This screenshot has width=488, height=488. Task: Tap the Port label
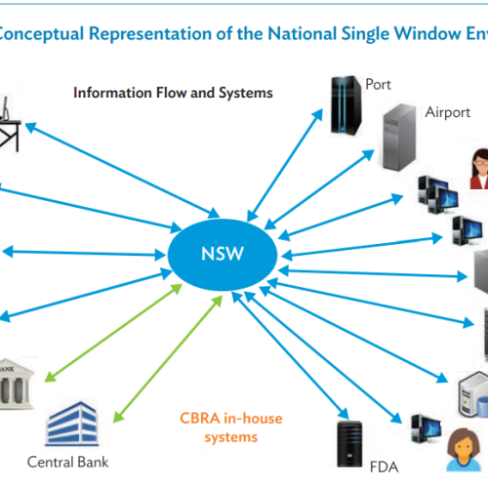pyautogui.click(x=379, y=85)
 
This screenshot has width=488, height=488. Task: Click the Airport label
pyautogui.click(x=448, y=112)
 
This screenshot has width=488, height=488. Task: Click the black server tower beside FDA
pyautogui.click(x=347, y=445)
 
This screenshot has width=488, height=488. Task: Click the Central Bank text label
pyautogui.click(x=66, y=461)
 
